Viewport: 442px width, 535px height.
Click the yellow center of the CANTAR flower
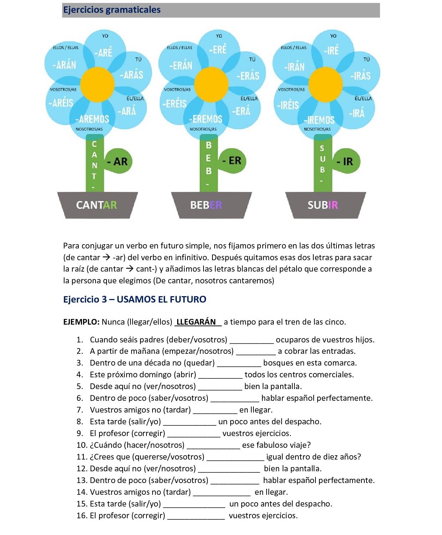(x=97, y=85)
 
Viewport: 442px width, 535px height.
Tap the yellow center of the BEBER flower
(x=211, y=85)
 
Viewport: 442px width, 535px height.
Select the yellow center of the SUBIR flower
(x=325, y=85)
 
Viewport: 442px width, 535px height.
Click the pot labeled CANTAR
(x=97, y=205)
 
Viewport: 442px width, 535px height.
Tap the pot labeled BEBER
(x=211, y=205)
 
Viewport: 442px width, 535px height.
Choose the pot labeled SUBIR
(x=325, y=205)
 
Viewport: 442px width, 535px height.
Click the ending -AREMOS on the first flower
(x=92, y=119)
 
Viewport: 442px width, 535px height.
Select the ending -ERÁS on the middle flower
(x=248, y=76)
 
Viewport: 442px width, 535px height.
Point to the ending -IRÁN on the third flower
(x=294, y=67)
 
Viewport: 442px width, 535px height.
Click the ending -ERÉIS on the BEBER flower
(x=174, y=104)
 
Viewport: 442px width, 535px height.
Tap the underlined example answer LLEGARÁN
(x=197, y=322)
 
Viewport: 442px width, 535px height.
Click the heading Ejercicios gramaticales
(x=112, y=10)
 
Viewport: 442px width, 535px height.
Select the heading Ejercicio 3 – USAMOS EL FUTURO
(x=135, y=299)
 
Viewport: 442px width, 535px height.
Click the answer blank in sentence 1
(x=252, y=340)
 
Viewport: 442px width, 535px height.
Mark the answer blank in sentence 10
(x=213, y=446)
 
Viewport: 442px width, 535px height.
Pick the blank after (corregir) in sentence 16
(x=196, y=516)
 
